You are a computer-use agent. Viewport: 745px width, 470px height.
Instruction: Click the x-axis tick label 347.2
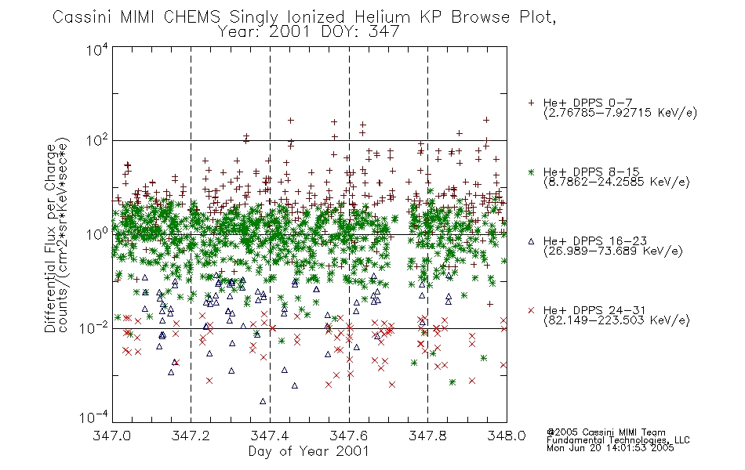coord(191,436)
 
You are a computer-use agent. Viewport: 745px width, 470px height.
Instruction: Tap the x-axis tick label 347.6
coord(349,436)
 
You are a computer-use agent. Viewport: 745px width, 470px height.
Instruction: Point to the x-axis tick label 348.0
coord(507,436)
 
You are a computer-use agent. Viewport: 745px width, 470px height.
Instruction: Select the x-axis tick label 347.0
coord(111,436)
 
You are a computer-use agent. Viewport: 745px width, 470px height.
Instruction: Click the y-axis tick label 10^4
coord(96,49)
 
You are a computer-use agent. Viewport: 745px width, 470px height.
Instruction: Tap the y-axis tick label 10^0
coord(96,233)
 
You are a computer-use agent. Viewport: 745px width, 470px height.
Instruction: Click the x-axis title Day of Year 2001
coord(308,451)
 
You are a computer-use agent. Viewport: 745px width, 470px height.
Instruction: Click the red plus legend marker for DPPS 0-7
coord(531,103)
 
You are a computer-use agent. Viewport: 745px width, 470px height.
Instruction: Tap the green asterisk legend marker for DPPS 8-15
coord(531,172)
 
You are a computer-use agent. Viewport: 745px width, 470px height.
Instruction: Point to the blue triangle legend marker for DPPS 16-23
coord(531,241)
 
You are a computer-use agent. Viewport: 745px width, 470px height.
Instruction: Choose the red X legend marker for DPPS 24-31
coord(531,310)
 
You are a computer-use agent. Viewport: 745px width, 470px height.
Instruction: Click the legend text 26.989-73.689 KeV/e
coord(613,251)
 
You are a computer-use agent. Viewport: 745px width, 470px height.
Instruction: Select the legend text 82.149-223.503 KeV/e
coord(616,320)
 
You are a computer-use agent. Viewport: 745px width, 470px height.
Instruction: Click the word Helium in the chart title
coord(382,17)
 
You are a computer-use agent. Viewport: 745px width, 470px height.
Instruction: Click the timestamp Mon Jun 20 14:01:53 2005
coord(610,448)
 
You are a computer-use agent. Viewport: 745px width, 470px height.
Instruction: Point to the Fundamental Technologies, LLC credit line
coord(618,440)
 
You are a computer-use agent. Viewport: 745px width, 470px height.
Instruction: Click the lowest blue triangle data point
coord(263,401)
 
